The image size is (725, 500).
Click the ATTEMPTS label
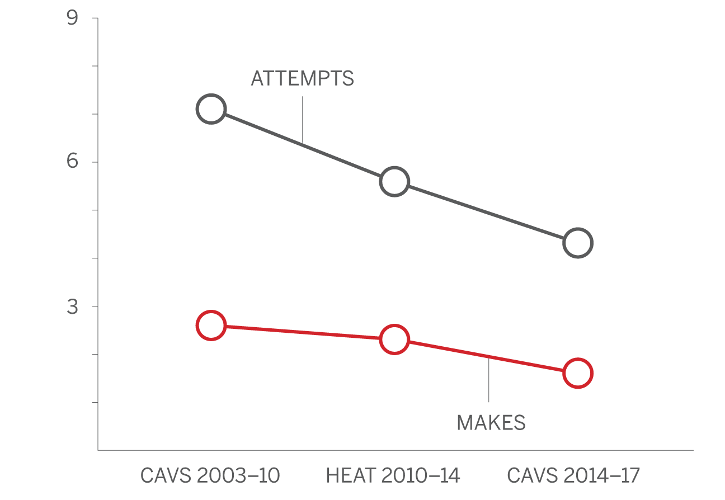click(x=302, y=78)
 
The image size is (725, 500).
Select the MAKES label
click(x=491, y=423)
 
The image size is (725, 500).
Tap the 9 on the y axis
click(x=72, y=17)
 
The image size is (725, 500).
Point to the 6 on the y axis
click(x=72, y=161)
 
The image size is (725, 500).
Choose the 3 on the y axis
click(x=72, y=306)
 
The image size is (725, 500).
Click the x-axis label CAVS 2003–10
click(x=210, y=475)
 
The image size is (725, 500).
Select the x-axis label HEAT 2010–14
click(x=393, y=475)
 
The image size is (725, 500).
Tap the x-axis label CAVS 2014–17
click(x=573, y=475)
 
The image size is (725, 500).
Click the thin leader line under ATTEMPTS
click(x=302, y=120)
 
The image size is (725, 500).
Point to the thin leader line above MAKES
click(x=488, y=380)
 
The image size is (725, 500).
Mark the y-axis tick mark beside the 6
click(x=95, y=162)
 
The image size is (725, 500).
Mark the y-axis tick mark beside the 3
click(x=95, y=306)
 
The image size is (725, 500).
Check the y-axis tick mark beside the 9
click(x=95, y=18)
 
